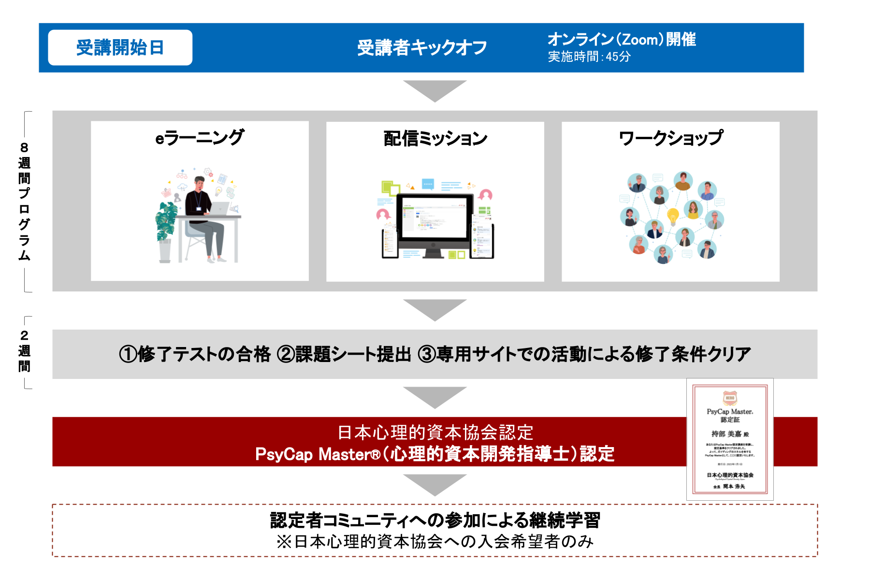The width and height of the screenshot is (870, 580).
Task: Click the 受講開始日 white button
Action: pos(120,47)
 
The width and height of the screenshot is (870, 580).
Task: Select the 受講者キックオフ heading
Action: pos(421,48)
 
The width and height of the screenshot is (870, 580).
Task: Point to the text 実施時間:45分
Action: pos(589,57)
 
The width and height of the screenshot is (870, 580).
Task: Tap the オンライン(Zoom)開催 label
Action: pos(622,39)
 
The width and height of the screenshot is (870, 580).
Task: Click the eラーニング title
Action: pos(200,138)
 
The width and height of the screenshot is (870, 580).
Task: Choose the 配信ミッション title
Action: pos(435,139)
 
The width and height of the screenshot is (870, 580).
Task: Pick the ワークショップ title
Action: pos(670,138)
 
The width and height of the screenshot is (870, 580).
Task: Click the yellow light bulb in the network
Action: pos(672,216)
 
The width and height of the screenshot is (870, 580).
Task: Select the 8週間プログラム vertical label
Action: pos(24,201)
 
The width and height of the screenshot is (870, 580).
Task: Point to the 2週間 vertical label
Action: pos(24,351)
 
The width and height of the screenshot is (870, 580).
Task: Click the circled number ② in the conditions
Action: pos(285,354)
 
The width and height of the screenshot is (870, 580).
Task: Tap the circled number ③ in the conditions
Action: pos(427,354)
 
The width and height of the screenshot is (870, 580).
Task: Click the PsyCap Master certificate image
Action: pos(730,439)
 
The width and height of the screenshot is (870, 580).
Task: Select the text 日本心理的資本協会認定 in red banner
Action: pos(435,432)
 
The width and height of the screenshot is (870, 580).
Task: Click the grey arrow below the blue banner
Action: pos(435,91)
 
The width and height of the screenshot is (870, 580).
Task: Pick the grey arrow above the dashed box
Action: pos(435,484)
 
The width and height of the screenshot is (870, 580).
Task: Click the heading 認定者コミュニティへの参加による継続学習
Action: pos(435,520)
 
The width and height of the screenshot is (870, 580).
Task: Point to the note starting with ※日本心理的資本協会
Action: pos(435,541)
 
